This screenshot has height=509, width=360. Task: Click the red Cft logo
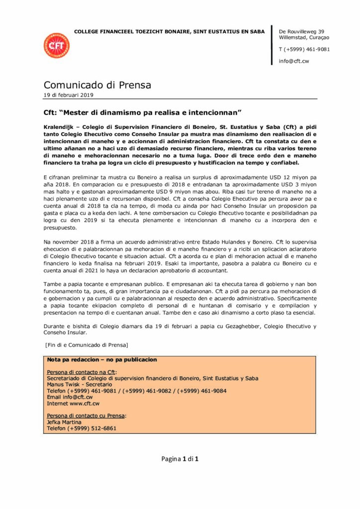56,46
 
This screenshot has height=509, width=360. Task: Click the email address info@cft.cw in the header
294,61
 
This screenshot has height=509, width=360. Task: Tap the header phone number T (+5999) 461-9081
304,49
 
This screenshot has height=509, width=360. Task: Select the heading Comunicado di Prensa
97,85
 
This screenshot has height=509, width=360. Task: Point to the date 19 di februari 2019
69,95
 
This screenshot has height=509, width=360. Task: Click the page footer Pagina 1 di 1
180,459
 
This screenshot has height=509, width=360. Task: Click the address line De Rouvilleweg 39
302,31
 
